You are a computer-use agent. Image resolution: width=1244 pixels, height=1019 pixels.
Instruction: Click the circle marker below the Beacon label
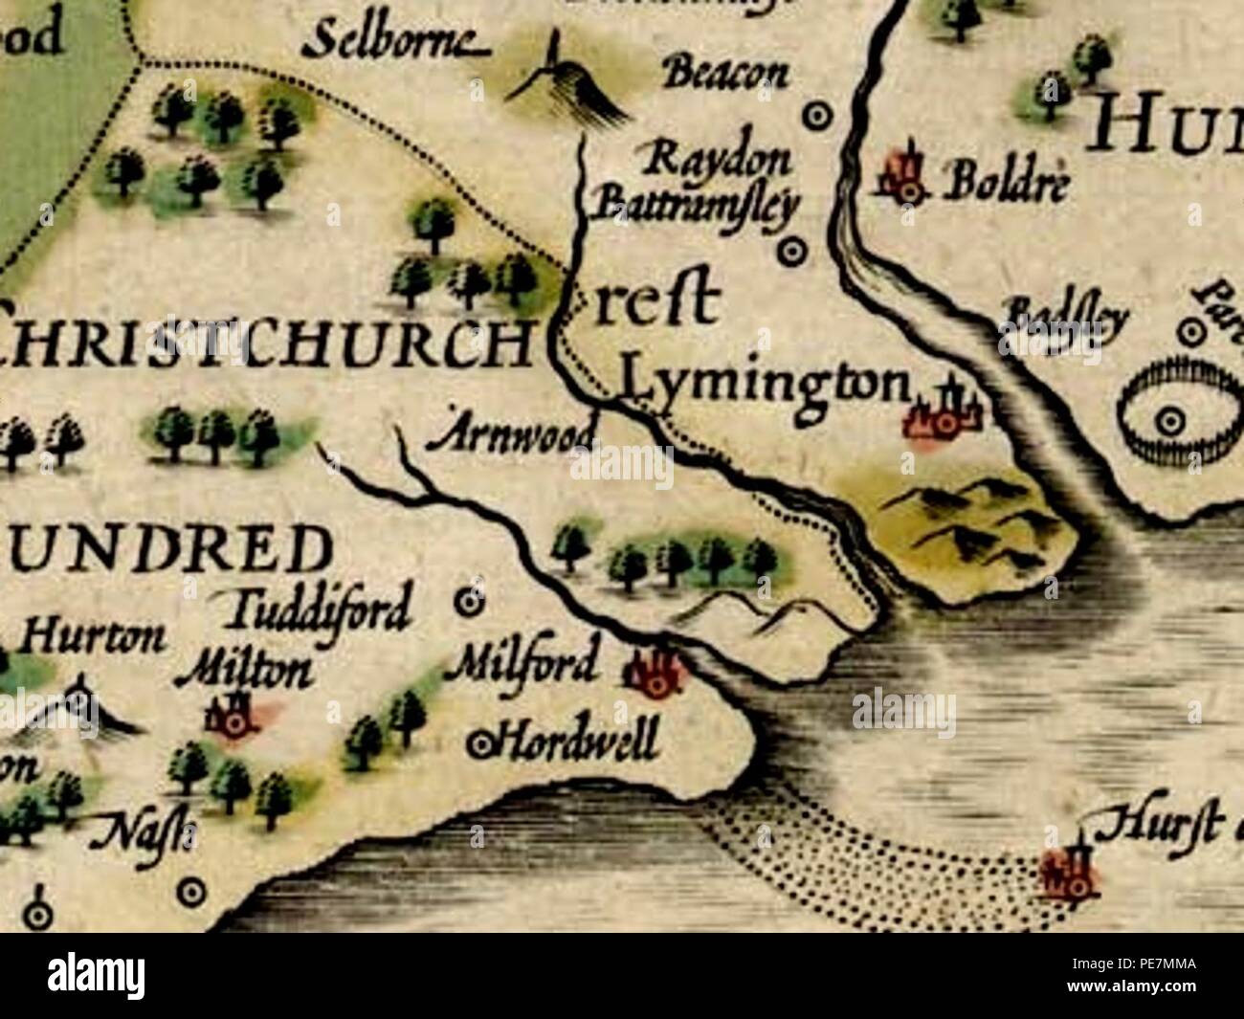pyautogui.click(x=815, y=118)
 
